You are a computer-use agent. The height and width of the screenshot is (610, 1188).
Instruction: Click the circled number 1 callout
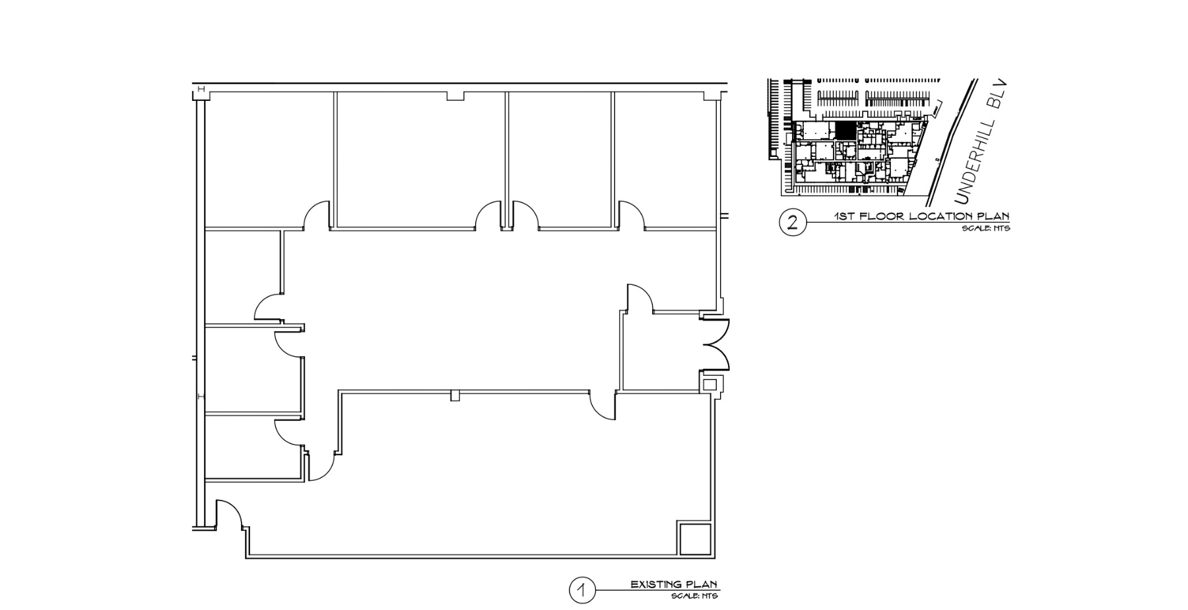[x=582, y=590]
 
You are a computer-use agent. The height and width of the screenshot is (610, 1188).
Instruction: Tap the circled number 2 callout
[x=792, y=222]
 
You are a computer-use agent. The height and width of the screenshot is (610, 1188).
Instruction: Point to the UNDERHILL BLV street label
[x=981, y=142]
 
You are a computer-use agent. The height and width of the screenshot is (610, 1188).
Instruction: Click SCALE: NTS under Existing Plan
[x=694, y=596]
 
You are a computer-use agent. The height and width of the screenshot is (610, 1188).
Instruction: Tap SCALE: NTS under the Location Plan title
[x=986, y=228]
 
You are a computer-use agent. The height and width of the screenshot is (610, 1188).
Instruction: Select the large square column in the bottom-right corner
[x=695, y=539]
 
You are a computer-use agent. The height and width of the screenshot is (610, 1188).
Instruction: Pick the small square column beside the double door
[x=710, y=384]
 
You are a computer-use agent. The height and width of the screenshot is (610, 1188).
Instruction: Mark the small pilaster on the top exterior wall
[x=455, y=96]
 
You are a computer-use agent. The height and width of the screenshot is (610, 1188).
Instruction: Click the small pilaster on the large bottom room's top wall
[x=454, y=396]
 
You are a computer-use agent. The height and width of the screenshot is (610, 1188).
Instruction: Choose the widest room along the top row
[x=420, y=158]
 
